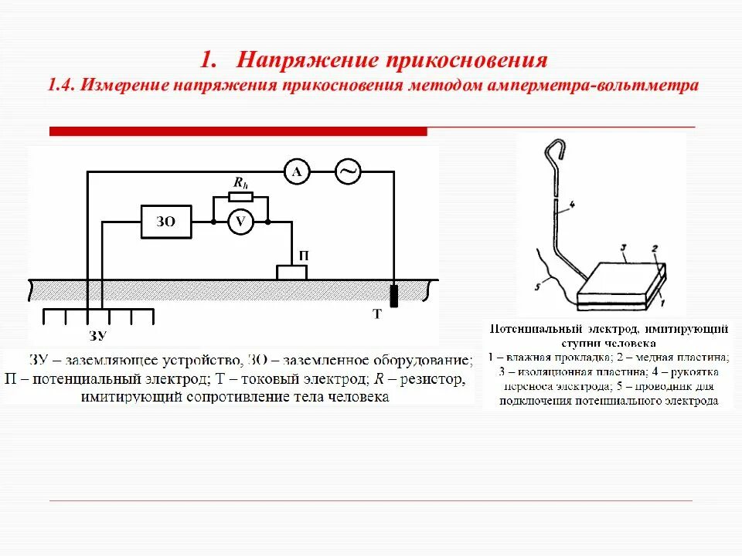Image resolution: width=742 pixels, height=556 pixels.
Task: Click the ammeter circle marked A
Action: click(296, 173)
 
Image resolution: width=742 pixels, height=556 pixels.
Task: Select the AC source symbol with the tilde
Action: click(348, 173)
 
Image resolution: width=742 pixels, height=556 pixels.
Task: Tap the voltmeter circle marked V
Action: click(240, 222)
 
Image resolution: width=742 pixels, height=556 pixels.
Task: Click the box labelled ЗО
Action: click(166, 222)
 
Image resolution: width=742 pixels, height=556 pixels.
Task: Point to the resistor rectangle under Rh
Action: click(240, 198)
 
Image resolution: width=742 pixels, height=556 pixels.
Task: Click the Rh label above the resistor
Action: click(240, 183)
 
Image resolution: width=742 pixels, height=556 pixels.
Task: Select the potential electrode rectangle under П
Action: click(292, 272)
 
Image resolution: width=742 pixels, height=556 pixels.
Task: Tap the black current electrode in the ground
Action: click(393, 296)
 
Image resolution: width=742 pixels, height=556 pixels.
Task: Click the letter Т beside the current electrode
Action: click(377, 314)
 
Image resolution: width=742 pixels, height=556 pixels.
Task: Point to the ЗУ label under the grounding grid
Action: click(97, 335)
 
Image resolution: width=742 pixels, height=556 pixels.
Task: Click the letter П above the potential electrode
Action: click(293, 254)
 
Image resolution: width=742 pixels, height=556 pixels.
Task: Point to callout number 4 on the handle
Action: click(572, 205)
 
